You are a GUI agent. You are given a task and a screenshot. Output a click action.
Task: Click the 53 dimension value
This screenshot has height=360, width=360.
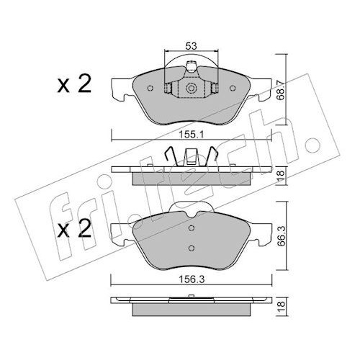(191, 45)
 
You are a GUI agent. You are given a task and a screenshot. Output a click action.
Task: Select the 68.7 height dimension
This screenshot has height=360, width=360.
(281, 90)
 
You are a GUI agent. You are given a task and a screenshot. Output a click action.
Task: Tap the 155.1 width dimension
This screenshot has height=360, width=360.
(192, 135)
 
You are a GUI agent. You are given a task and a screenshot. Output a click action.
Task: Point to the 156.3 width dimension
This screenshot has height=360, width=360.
(192, 279)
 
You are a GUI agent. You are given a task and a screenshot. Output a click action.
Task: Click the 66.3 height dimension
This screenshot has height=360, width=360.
(281, 237)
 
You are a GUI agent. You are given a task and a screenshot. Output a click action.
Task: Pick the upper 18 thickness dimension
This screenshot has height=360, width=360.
(281, 176)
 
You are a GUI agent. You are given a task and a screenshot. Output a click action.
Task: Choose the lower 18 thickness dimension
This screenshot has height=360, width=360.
(281, 307)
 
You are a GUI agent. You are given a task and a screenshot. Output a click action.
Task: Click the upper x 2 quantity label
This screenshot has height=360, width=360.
(74, 84)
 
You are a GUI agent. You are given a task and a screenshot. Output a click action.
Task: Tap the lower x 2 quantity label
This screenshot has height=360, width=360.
(74, 228)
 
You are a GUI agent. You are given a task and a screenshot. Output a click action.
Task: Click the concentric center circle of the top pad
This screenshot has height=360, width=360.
(192, 89)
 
